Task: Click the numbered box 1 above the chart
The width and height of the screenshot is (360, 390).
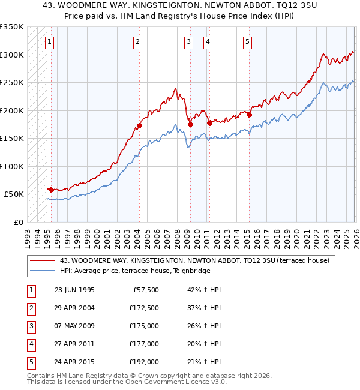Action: (x=49, y=42)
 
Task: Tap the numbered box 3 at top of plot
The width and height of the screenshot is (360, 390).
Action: (x=188, y=42)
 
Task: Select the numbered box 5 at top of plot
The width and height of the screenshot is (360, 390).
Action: (x=247, y=42)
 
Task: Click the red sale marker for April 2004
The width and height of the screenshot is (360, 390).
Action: (x=139, y=126)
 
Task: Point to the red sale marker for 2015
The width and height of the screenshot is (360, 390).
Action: (x=249, y=115)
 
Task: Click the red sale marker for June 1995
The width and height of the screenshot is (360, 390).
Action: (x=51, y=190)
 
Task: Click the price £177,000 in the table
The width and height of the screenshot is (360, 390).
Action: (x=144, y=344)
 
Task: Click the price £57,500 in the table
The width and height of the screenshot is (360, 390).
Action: (x=146, y=290)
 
